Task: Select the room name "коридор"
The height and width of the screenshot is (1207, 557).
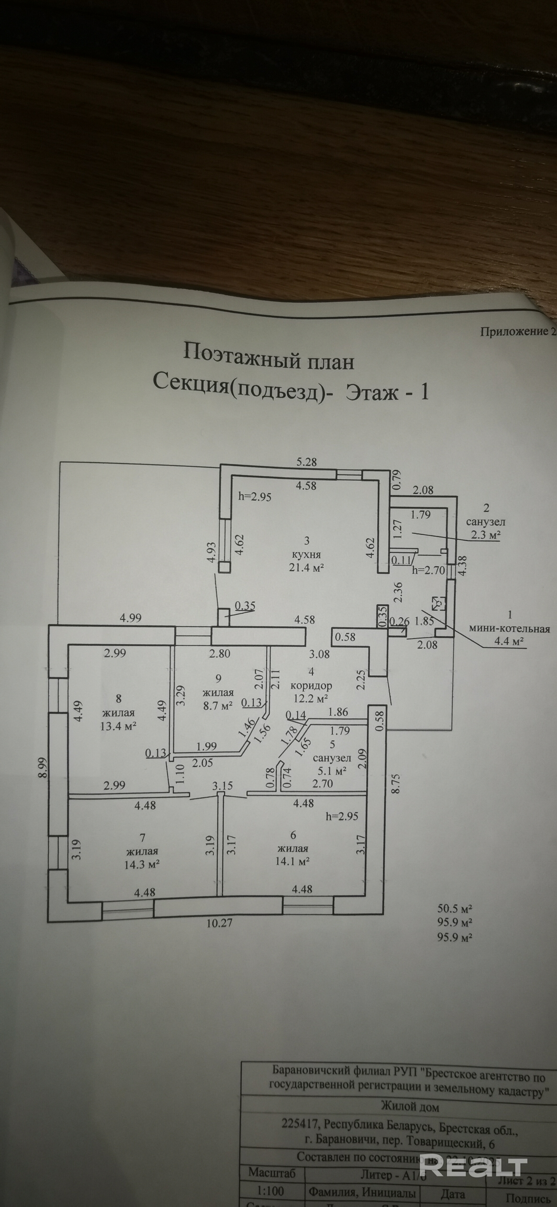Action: tap(311, 685)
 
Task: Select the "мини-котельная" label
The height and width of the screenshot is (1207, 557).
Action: tap(509, 629)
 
